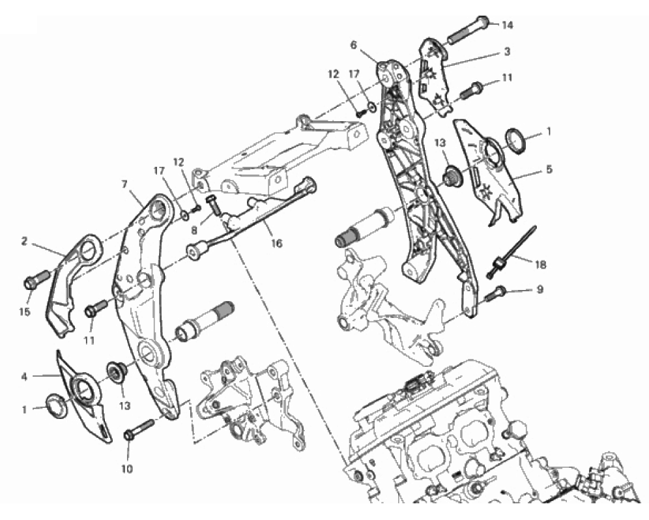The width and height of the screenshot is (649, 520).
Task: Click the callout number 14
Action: (x=508, y=25)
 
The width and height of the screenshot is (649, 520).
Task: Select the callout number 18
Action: (x=541, y=264)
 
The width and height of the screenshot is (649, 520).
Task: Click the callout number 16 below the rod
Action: (x=276, y=243)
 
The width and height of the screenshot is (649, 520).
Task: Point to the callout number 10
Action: (x=126, y=469)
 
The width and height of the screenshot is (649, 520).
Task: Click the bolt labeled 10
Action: (x=139, y=429)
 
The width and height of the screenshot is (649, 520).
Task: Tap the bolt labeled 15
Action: (x=37, y=279)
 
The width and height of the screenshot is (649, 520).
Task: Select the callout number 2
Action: (x=24, y=241)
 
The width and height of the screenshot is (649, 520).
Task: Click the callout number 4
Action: (x=24, y=377)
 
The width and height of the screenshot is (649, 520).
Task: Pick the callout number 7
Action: (x=124, y=184)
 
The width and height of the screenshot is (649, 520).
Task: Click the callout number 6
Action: (x=353, y=45)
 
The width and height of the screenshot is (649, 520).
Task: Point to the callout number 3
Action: (x=507, y=51)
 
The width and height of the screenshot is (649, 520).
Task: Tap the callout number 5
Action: (x=549, y=169)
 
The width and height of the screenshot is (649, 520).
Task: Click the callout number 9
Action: (x=540, y=290)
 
